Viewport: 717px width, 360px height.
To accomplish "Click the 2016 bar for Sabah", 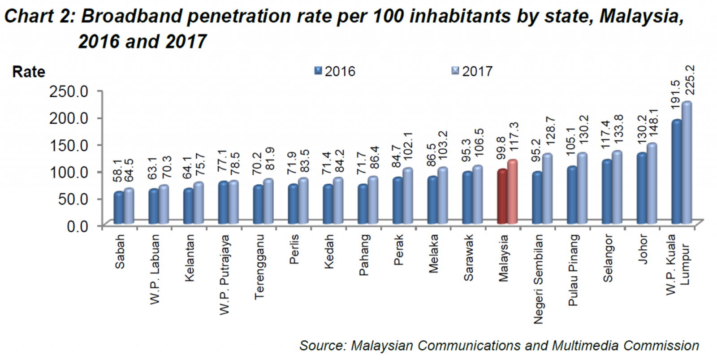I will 119,208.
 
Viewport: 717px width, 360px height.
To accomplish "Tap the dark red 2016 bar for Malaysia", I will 502,197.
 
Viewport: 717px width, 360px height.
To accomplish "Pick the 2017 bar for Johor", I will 652,184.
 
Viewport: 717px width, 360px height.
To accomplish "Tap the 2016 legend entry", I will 335,71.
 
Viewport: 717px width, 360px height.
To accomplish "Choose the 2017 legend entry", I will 472,71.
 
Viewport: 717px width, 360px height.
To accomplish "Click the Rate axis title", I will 29,72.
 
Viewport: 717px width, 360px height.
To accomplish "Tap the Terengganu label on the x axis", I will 259,266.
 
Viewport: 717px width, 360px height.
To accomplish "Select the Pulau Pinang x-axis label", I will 573,270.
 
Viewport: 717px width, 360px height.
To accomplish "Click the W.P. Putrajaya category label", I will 225,274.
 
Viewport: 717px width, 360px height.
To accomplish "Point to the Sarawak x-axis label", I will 468,257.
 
